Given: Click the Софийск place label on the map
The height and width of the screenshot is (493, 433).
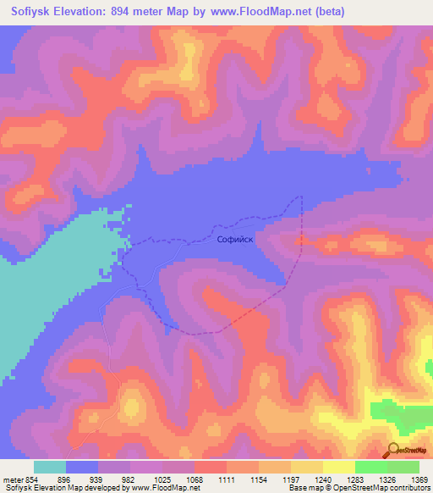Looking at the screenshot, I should (x=236, y=240).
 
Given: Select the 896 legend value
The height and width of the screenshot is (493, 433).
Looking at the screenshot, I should (x=68, y=479).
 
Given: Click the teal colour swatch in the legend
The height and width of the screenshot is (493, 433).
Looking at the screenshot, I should (x=50, y=467).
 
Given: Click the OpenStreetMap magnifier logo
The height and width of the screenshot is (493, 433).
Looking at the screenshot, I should (x=393, y=451).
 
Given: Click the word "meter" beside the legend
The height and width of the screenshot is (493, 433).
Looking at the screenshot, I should (x=12, y=479).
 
